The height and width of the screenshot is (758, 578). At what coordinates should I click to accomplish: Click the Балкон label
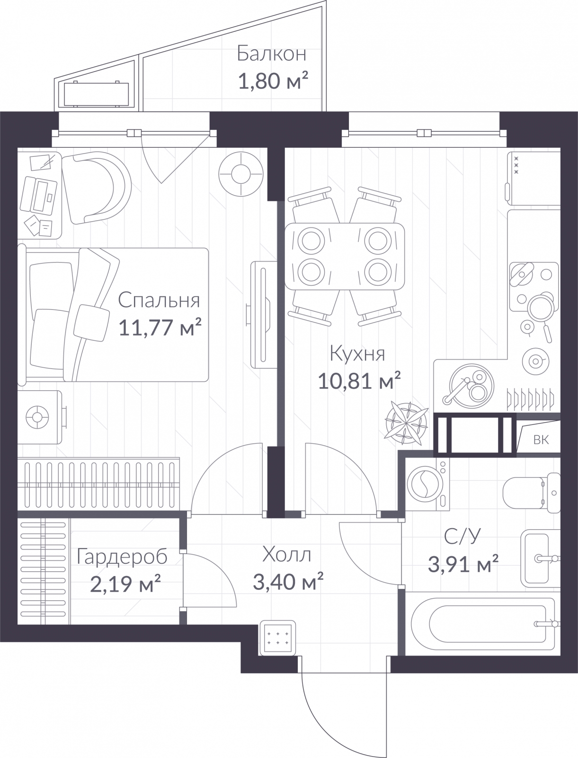(271, 54)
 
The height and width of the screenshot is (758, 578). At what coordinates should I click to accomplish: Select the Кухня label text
(357, 353)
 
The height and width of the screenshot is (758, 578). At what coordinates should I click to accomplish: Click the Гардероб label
(122, 557)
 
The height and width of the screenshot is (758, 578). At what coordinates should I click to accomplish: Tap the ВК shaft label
(541, 440)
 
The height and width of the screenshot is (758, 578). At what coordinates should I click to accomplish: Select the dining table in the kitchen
(345, 256)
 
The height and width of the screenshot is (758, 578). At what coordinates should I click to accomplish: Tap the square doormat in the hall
(277, 638)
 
